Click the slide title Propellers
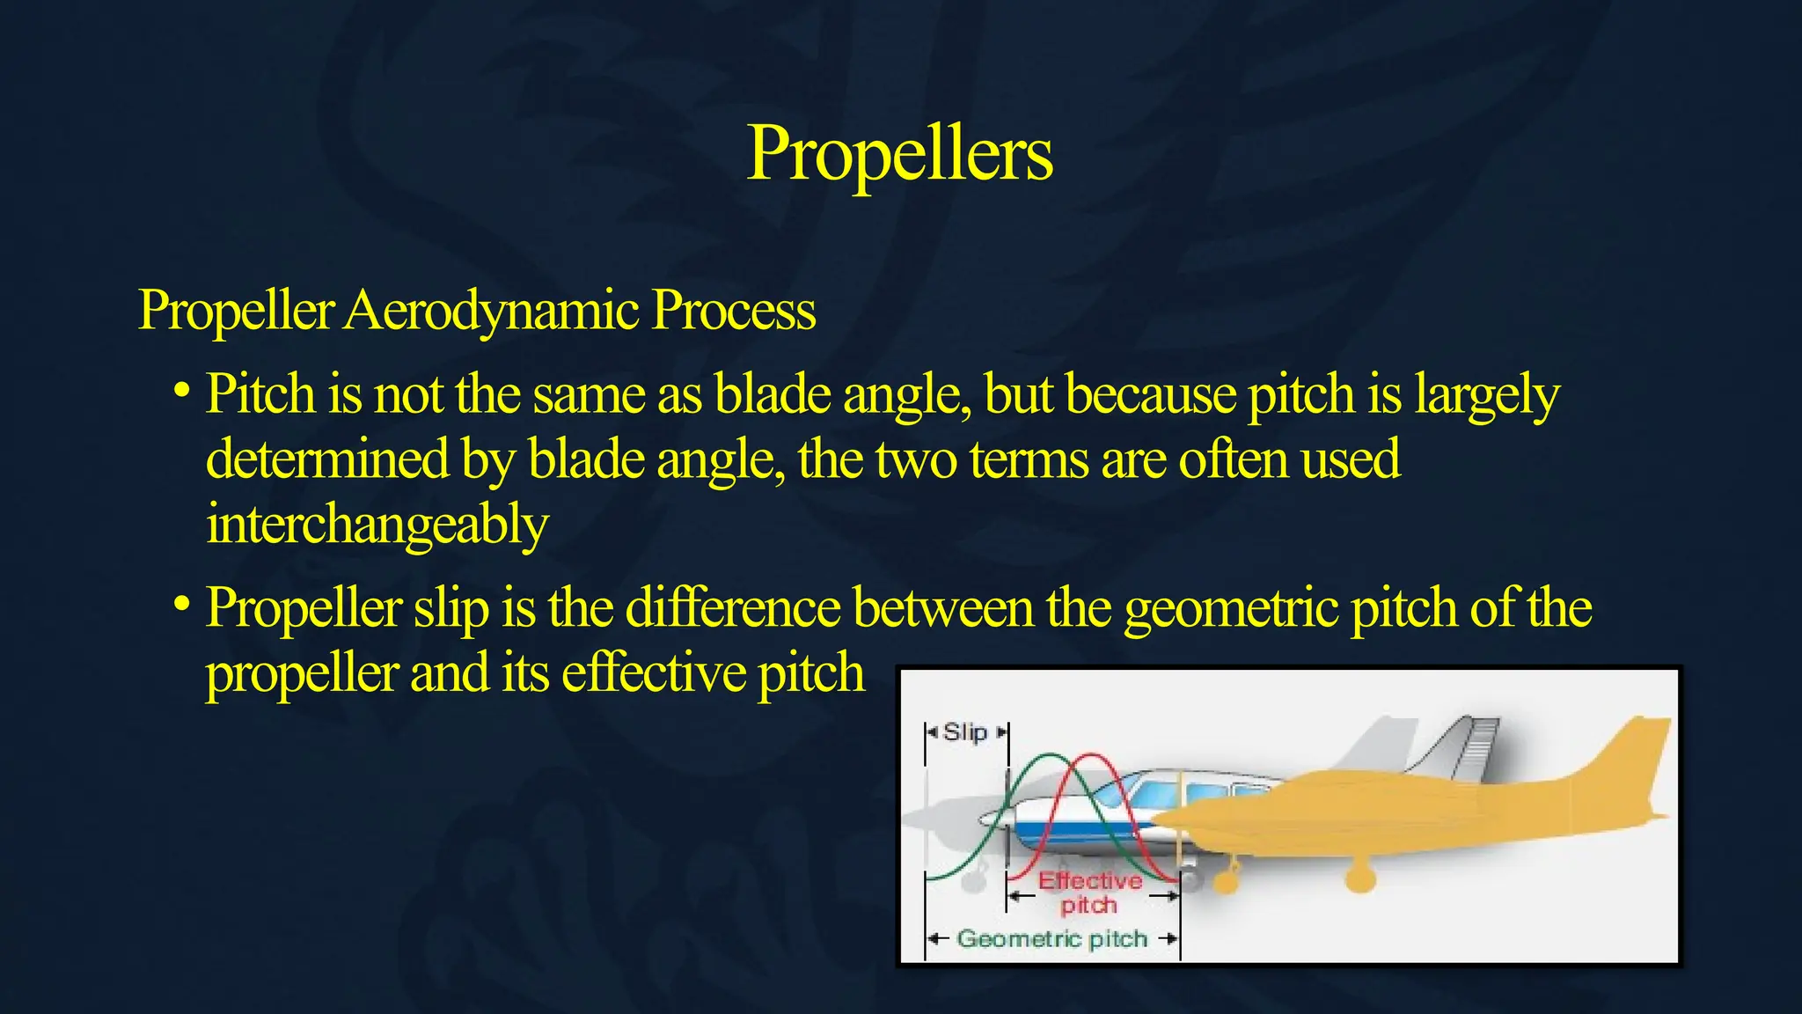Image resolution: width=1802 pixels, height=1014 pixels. pos(899,153)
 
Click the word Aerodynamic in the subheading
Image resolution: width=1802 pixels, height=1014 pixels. pos(491,311)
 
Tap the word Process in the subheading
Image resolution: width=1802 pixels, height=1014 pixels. pos(734,311)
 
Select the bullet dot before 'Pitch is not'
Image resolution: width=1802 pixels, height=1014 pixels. pos(181,388)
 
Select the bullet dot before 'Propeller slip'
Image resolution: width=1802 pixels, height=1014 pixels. pos(181,604)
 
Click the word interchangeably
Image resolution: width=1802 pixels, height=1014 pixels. pos(377,525)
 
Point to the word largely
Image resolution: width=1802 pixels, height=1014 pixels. pos(1486,395)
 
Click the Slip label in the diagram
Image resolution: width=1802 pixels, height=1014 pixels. pos(965,732)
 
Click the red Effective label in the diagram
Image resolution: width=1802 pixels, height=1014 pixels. pos(1089,880)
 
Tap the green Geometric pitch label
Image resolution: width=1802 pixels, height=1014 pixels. pos(1052,939)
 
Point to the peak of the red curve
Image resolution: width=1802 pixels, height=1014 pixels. pos(1091,755)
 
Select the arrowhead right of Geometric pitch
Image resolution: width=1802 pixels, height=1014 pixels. pos(1170,939)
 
